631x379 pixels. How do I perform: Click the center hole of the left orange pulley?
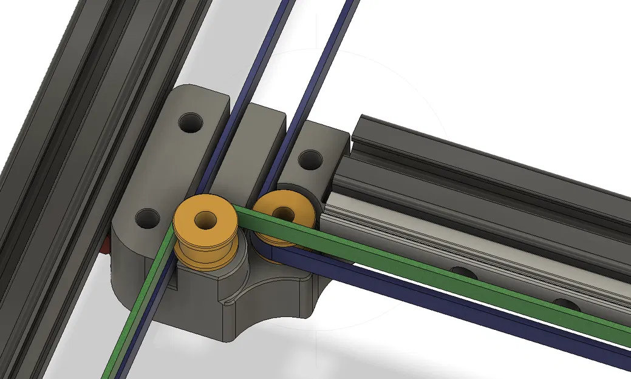coord(206,218)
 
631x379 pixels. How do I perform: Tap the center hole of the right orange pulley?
coord(284,212)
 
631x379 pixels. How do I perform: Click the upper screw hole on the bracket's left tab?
coord(193,123)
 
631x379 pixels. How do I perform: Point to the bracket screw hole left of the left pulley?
coord(147,216)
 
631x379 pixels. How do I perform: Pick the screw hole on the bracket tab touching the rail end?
coord(310,159)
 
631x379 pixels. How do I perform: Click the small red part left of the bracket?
coord(107,246)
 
